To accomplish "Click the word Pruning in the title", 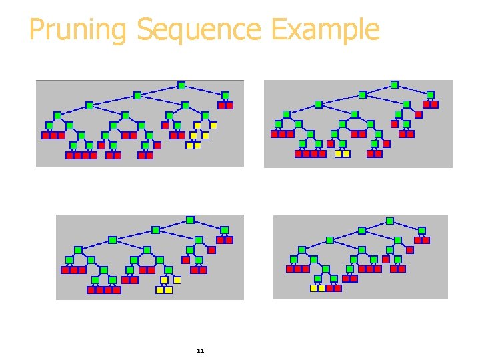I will pos(79,30).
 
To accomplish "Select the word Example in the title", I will pos(326,30).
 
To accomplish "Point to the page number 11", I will pos(201,351).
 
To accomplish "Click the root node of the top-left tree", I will pos(181,85).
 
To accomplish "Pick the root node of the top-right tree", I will pos(394,85).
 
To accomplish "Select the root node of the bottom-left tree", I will pos(190,220).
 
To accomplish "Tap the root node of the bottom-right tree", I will pos(390,221).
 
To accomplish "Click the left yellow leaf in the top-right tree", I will pos(338,153).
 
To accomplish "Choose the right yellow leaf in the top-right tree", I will pos(346,153).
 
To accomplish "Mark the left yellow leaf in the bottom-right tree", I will pos(313,288).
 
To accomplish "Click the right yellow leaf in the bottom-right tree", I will pos(321,288).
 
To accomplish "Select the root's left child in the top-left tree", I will pos(137,95).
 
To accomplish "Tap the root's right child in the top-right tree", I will pos(430,95).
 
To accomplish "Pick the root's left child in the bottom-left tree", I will pos(155,230).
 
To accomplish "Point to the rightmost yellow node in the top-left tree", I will pos(213,125).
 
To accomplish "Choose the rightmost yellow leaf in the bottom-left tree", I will pos(169,290).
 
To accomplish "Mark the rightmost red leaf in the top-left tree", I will pos(229,105).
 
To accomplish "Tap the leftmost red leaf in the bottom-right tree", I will pos(290,269).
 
